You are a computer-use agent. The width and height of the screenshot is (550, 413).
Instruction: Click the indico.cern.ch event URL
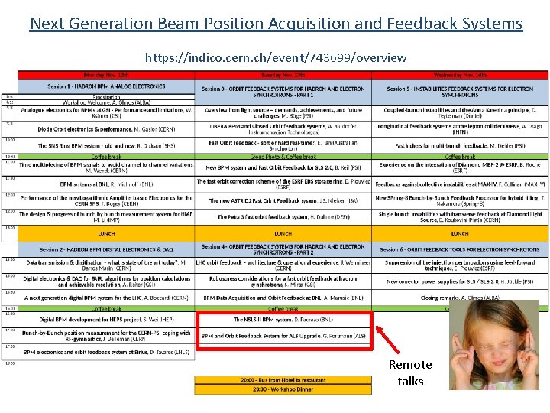point(276,57)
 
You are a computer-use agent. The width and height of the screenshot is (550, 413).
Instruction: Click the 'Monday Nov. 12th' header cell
point(106,75)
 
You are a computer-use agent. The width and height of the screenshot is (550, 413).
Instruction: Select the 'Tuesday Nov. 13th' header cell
point(283,75)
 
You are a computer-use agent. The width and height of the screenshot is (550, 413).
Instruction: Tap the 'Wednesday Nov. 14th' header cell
point(459,75)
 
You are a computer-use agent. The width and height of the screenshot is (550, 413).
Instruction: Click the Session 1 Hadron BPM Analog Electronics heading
point(106,87)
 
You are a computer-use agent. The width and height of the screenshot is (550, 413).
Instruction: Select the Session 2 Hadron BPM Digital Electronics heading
point(106,249)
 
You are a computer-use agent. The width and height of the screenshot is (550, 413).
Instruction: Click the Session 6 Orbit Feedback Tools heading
point(459,249)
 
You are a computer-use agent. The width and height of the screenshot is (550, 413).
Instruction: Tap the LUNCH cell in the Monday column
point(106,233)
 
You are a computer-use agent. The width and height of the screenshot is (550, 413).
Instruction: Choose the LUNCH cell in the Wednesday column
point(459,233)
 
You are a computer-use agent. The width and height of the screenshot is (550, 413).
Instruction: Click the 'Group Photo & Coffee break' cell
point(283,156)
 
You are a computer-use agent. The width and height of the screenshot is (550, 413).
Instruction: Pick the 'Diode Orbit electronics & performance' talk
point(106,129)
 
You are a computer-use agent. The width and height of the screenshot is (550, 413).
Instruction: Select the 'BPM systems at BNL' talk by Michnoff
point(106,184)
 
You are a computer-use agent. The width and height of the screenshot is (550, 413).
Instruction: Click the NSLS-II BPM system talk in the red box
point(283,319)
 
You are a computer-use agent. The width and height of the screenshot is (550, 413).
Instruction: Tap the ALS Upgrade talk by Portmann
point(283,336)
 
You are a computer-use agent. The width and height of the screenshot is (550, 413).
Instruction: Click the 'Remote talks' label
point(410,372)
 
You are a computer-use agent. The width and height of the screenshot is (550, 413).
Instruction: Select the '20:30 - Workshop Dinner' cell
point(283,389)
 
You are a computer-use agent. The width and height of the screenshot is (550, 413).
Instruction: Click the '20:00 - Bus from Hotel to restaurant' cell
point(283,379)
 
